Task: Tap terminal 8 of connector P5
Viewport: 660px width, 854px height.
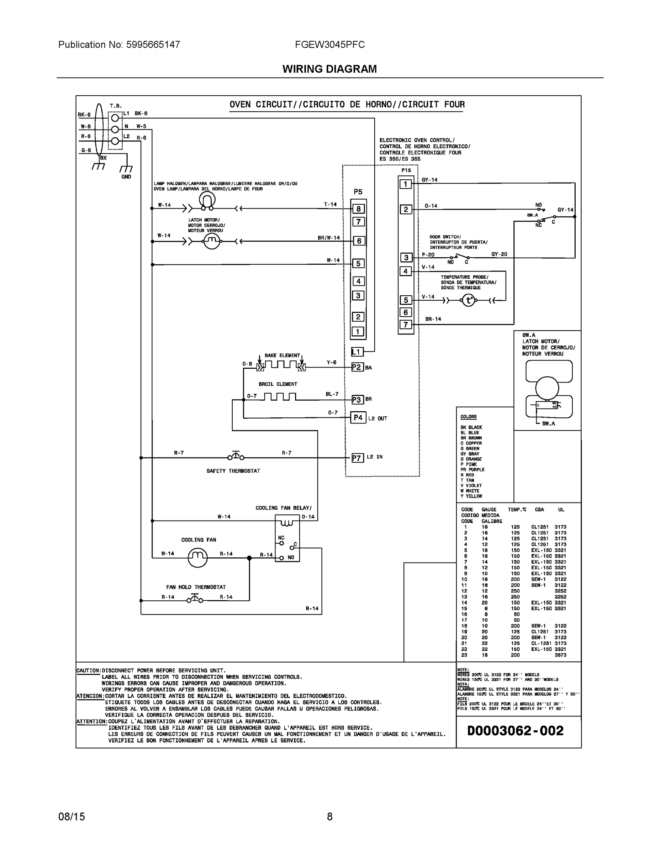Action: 358,209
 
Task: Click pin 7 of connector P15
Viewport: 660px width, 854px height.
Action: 406,325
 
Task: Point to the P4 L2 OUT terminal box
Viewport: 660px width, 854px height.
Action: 358,418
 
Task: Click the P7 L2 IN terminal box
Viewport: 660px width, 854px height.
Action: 357,458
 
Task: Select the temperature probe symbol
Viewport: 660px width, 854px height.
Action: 469,300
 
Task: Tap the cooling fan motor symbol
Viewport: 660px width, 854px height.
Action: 197,557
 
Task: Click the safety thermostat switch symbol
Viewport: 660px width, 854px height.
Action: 236,456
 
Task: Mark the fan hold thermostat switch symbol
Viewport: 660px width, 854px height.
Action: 195,599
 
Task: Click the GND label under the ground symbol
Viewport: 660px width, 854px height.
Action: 126,177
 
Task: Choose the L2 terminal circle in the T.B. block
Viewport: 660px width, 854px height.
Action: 115,141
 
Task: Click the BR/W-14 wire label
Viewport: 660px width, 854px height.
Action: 328,238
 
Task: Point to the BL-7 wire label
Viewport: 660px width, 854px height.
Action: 332,394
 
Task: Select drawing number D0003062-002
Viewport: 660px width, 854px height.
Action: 515,731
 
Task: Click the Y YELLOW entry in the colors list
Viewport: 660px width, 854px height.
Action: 471,496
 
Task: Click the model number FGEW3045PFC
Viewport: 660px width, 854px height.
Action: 329,44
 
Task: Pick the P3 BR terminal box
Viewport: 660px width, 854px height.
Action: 357,400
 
